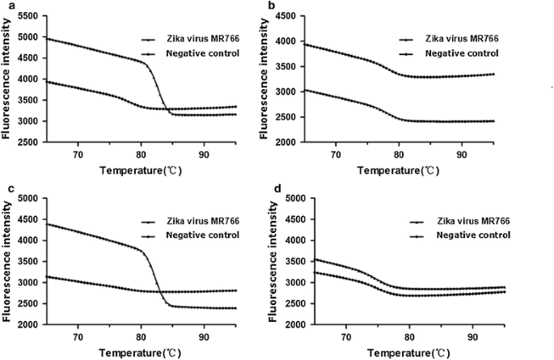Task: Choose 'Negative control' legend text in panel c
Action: pos(200,235)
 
